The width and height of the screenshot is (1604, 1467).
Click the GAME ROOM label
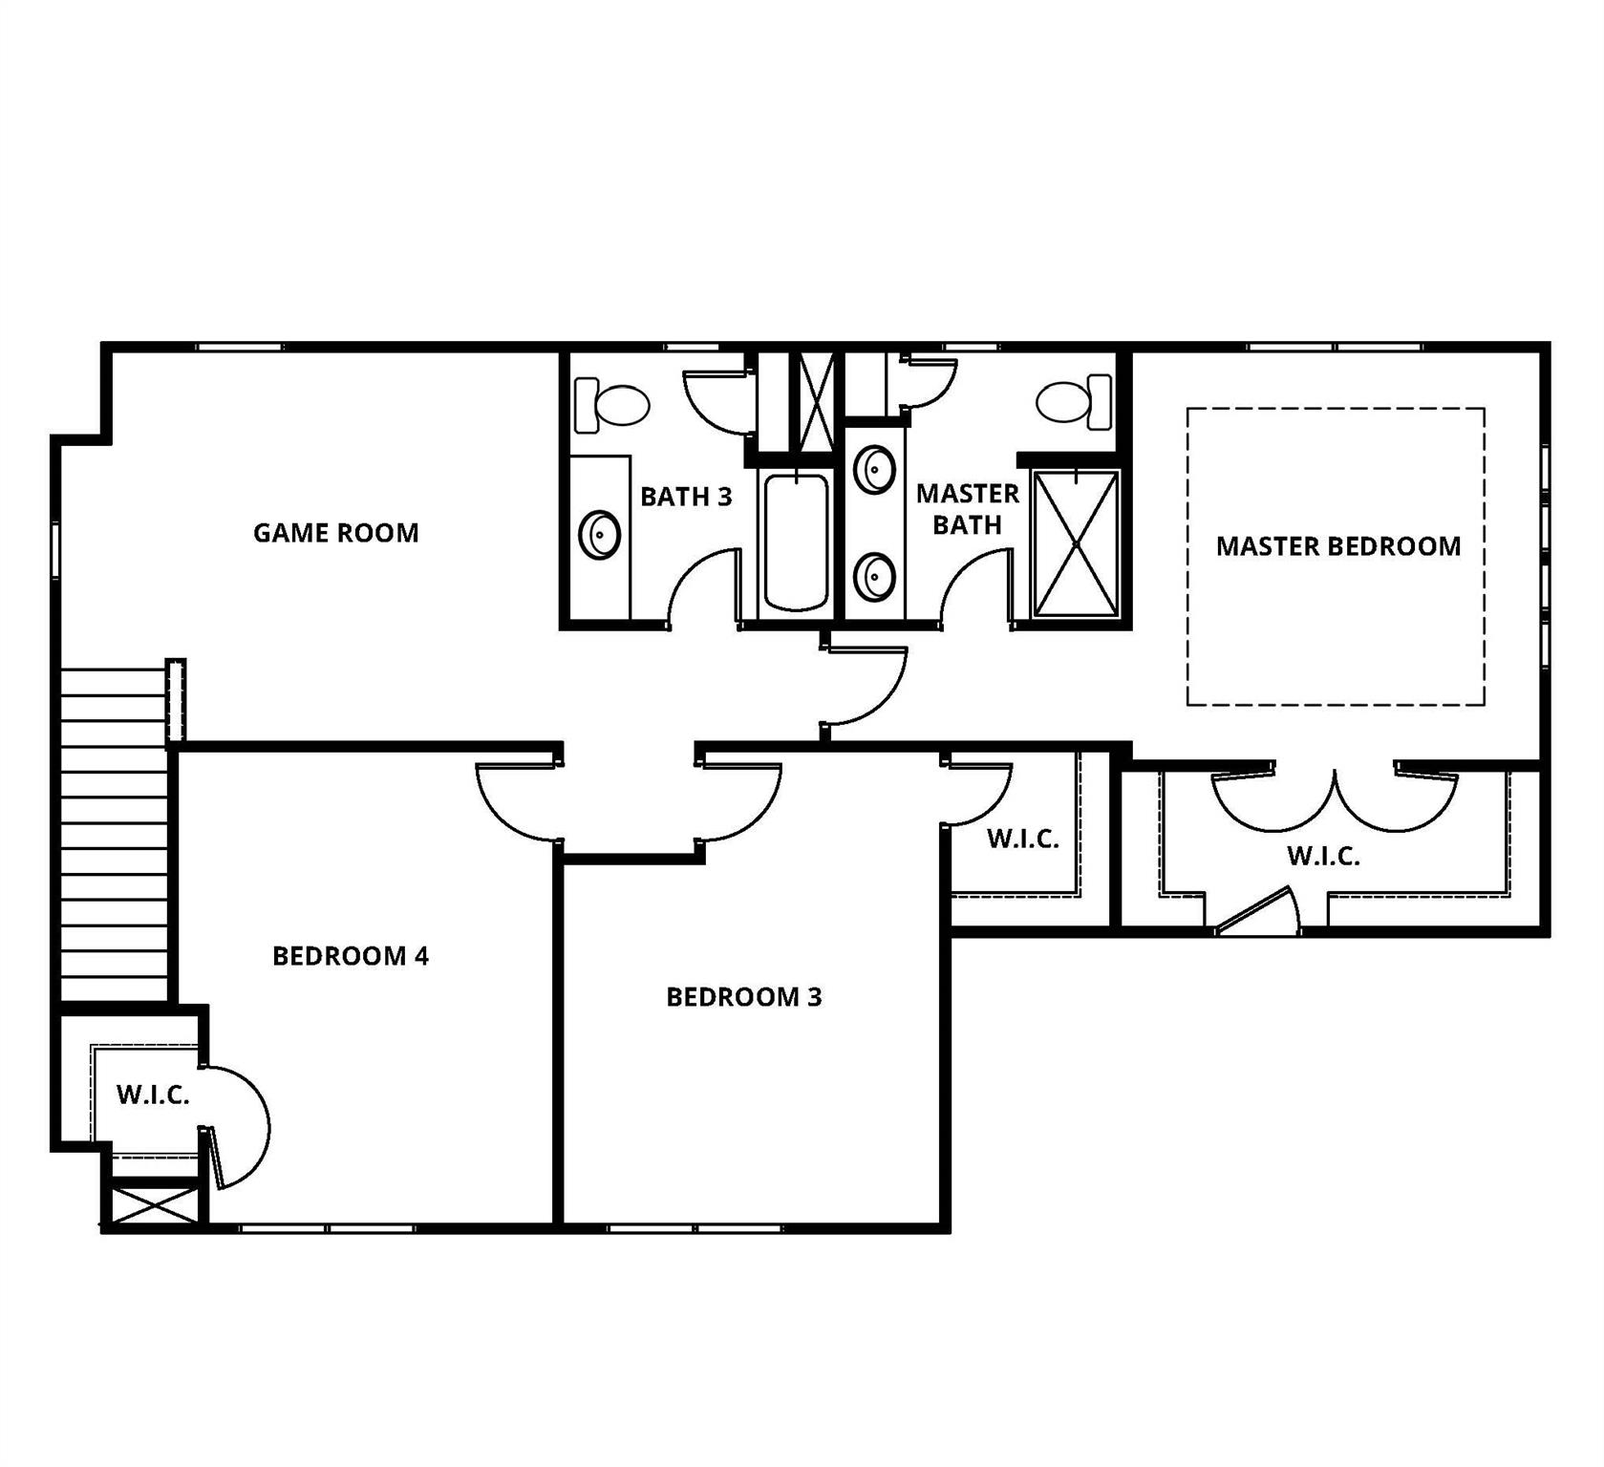point(335,533)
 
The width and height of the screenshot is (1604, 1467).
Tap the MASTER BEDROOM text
point(1337,546)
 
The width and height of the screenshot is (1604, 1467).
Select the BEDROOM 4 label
point(351,956)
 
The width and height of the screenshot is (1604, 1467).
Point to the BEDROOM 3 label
point(743,997)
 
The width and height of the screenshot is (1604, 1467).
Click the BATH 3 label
point(686,497)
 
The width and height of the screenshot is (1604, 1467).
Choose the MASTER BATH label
point(967,509)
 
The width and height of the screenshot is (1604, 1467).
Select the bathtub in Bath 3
point(796,542)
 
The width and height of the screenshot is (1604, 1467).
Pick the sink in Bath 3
point(600,534)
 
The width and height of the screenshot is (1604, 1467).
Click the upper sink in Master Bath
point(874,469)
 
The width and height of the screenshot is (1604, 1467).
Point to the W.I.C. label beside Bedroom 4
point(153,1095)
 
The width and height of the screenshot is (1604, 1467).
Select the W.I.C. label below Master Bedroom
point(1323,857)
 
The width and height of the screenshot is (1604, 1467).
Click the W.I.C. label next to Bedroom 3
point(1022,840)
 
